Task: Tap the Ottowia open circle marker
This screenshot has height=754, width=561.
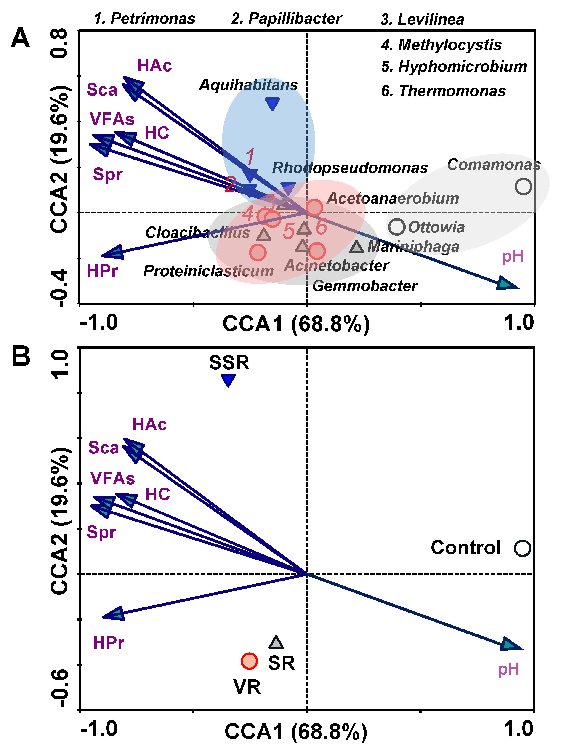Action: coord(397,227)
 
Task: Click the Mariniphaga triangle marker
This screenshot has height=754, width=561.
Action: coord(356,247)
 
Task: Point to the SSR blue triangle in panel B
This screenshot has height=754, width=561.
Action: coord(228,380)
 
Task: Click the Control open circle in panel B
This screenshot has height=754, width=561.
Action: coord(522,548)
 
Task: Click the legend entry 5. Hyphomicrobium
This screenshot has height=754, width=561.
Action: coord(454,67)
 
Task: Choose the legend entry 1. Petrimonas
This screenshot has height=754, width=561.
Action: coord(144,19)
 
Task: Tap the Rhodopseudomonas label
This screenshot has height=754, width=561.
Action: coord(350,168)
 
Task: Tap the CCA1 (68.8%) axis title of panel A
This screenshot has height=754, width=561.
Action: coord(296,324)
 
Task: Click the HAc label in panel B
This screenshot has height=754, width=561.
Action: coord(149,425)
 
